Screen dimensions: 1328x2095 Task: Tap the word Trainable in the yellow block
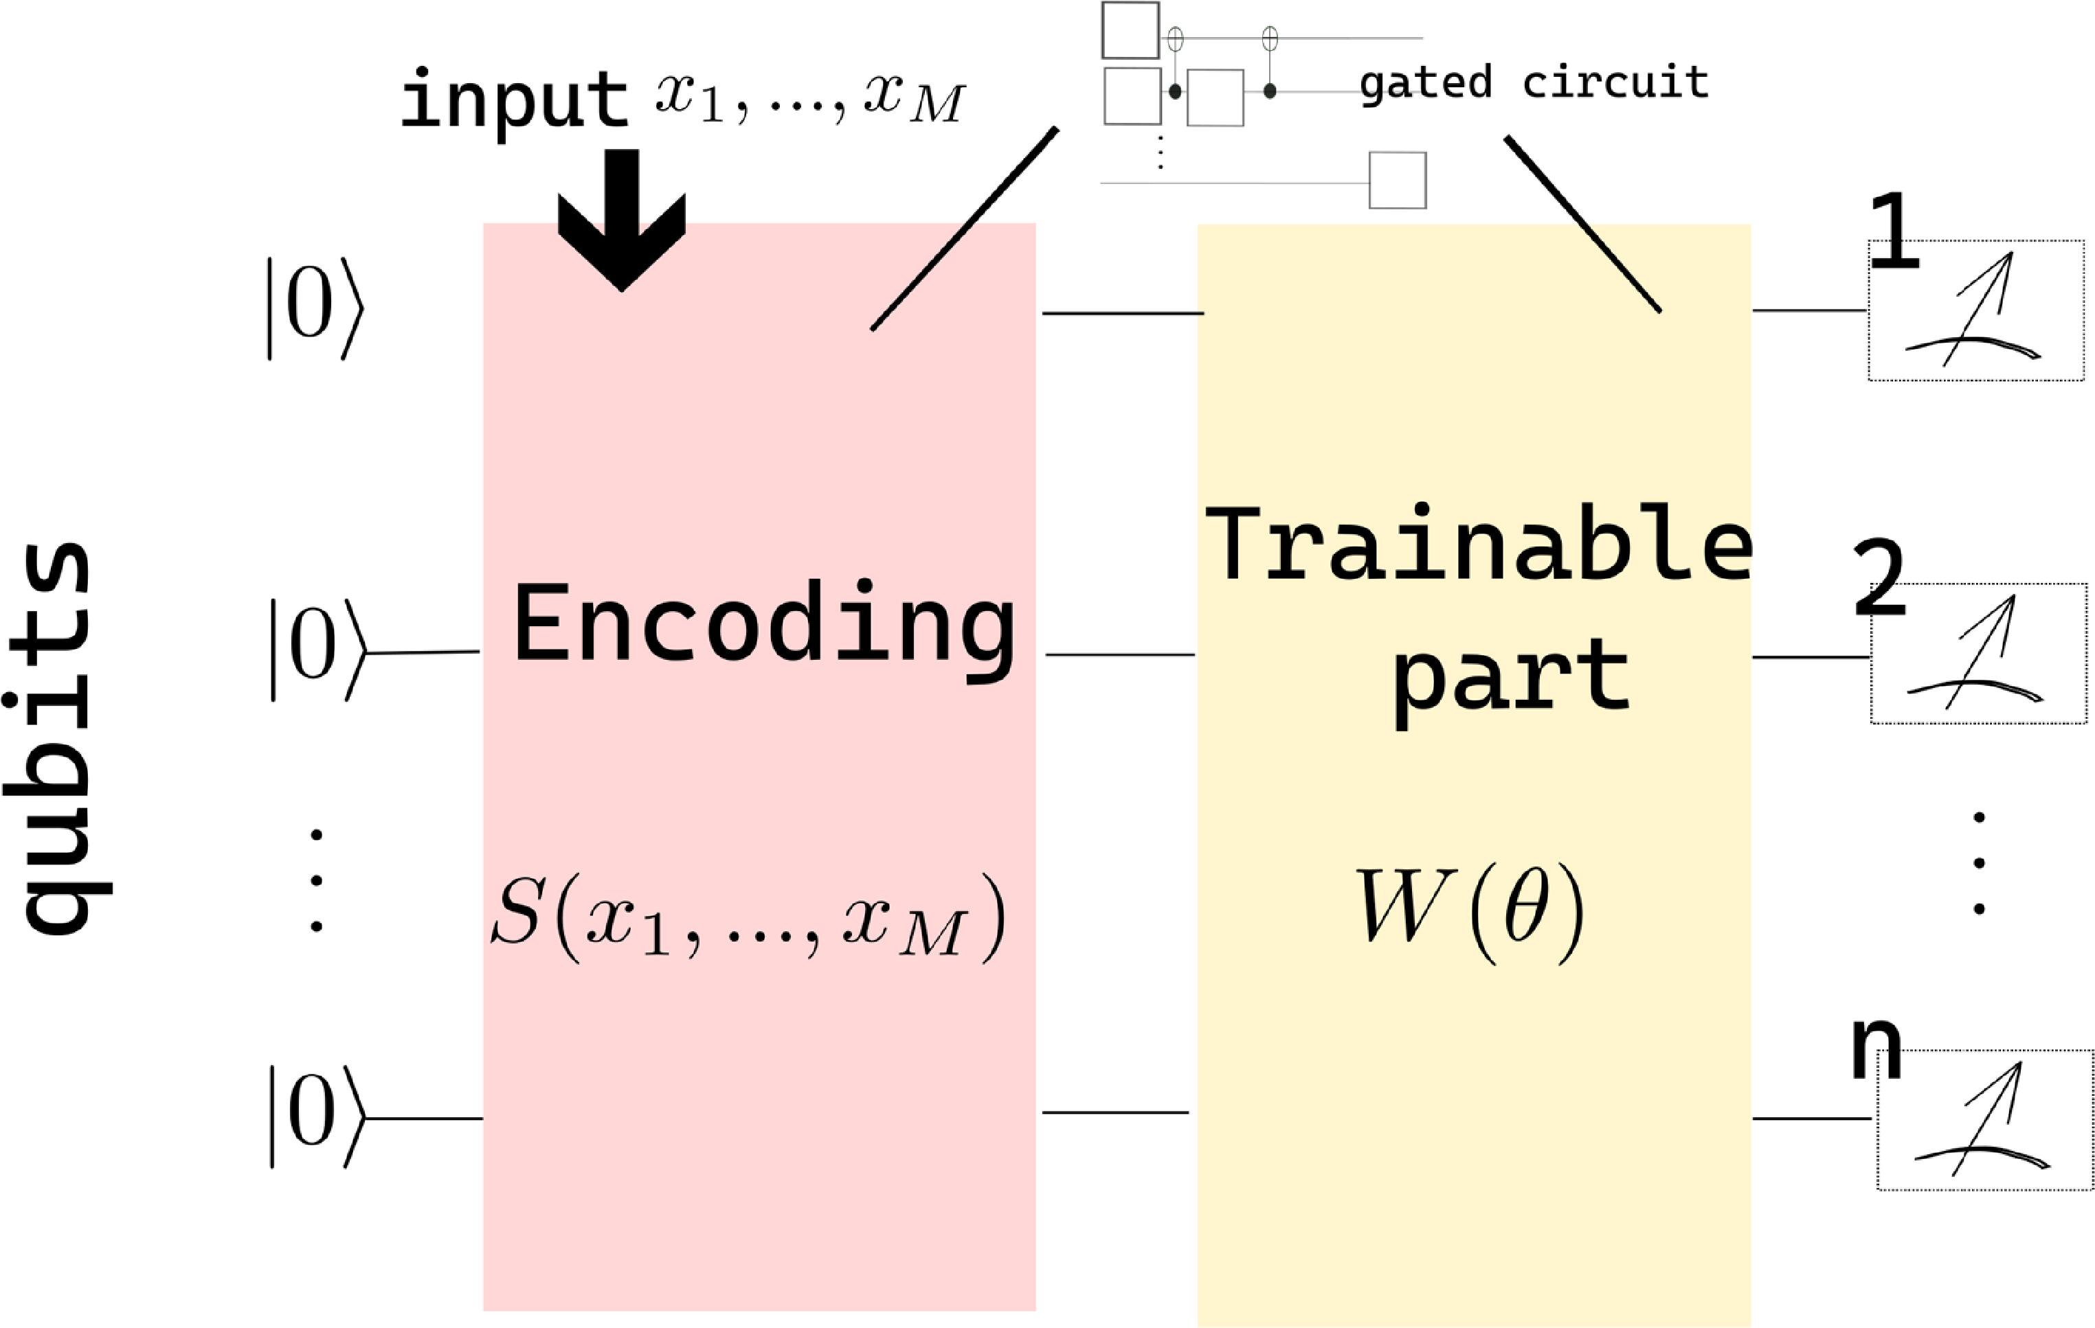pyautogui.click(x=1477, y=545)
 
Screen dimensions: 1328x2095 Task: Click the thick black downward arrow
pyautogui.click(x=622, y=218)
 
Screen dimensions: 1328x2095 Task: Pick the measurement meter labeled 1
pyautogui.click(x=1975, y=310)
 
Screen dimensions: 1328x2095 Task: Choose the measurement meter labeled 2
pyautogui.click(x=1978, y=653)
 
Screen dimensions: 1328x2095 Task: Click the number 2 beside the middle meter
pyautogui.click(x=1879, y=578)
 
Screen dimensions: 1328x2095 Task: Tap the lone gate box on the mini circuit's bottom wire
pyautogui.click(x=1398, y=181)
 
